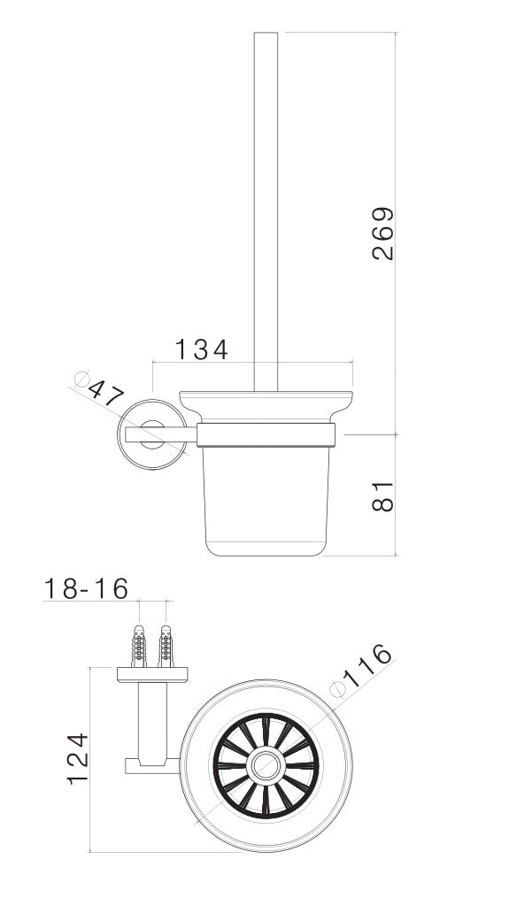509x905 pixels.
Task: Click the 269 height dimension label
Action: [x=382, y=234]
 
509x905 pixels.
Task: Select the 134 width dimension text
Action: [x=200, y=349]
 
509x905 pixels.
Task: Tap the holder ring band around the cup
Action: [x=266, y=434]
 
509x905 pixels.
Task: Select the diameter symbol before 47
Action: [x=83, y=380]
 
